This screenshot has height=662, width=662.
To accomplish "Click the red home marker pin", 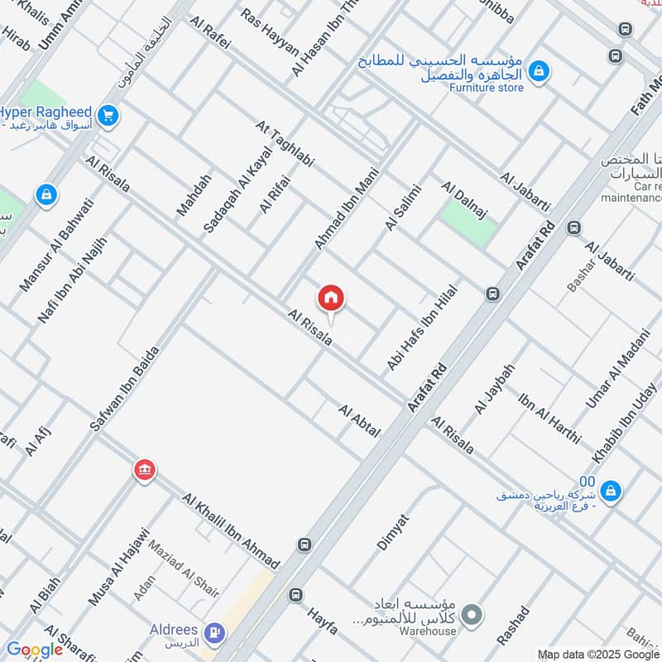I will point(331,299).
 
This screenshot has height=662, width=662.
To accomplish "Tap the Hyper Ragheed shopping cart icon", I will point(107,116).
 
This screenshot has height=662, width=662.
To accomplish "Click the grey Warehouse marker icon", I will point(472,615).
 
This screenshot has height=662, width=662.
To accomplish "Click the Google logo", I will point(35,650).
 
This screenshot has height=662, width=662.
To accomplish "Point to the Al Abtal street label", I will point(359,422).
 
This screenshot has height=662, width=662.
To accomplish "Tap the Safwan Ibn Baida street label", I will point(124,386).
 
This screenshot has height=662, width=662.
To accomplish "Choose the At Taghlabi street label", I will point(285,144).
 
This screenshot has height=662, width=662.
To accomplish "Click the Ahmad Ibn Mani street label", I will point(340,211).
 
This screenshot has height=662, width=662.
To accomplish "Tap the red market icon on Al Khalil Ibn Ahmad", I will point(145,470).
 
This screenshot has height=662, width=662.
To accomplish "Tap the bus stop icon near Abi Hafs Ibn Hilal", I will point(493,294).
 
